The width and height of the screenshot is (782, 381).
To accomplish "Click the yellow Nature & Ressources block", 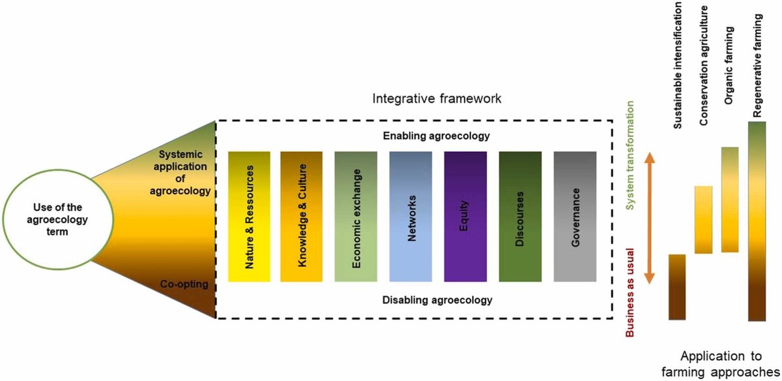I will (x=249, y=217).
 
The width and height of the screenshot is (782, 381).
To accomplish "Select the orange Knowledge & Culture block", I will (x=302, y=217).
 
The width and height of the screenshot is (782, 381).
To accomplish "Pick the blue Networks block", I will (x=411, y=217).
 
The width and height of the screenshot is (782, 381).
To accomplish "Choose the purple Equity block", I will (x=465, y=217).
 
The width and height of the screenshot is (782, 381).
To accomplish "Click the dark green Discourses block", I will (x=520, y=217).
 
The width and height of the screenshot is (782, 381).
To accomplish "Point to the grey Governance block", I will (x=575, y=217).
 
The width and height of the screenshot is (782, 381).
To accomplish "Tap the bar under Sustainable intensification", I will (x=677, y=287).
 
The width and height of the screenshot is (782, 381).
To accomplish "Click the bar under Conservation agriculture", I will (x=704, y=219).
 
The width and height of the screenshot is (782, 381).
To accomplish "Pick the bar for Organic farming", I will (x=730, y=199).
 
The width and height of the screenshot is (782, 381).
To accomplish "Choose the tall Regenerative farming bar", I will (x=757, y=222).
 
